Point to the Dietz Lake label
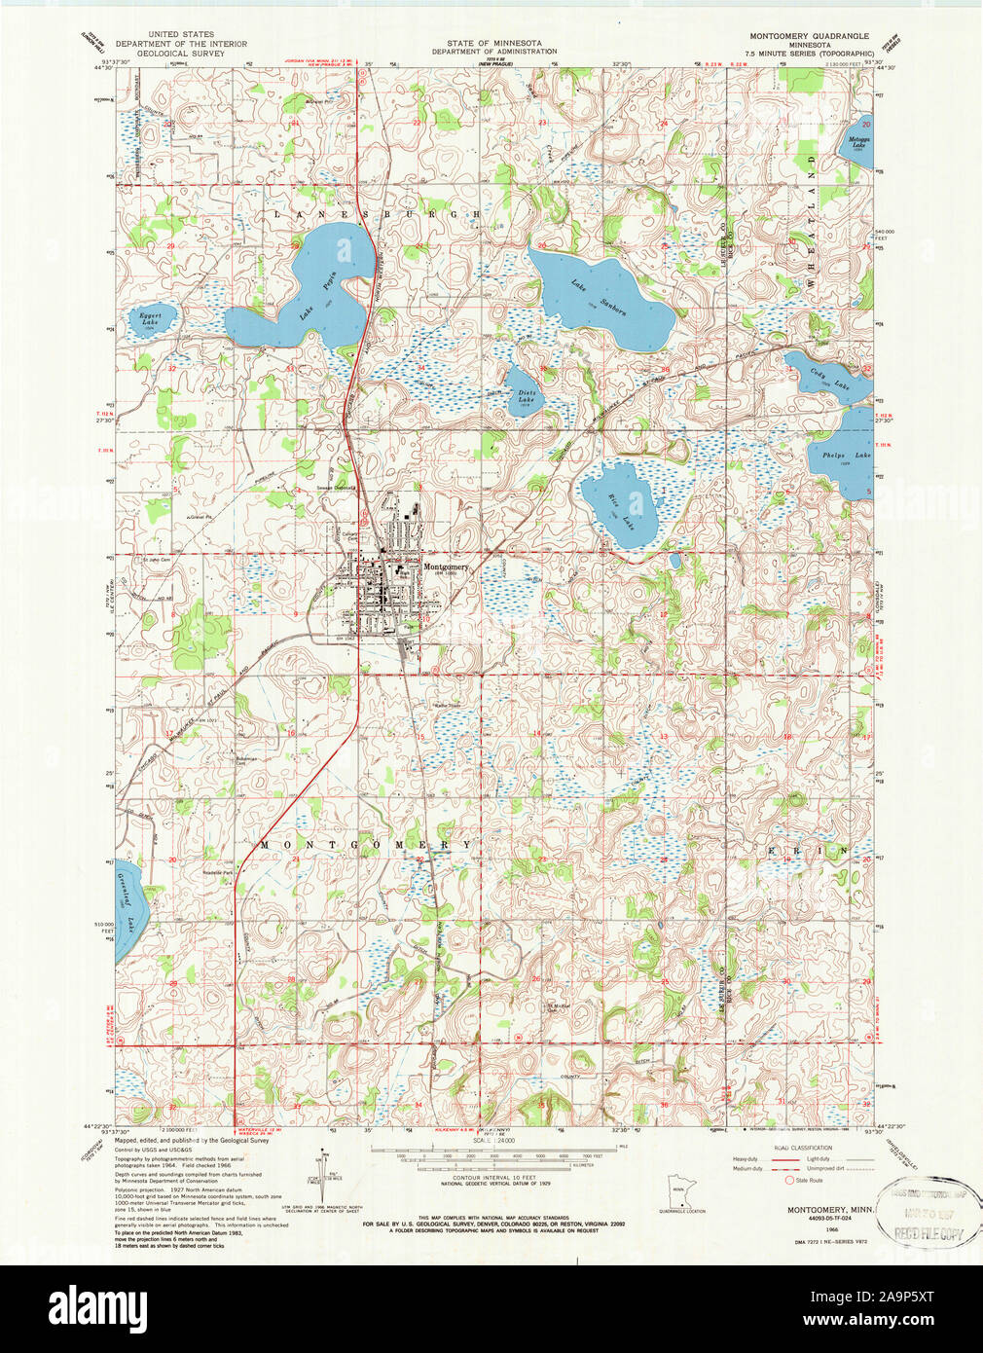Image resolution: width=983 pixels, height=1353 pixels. (x=526, y=395)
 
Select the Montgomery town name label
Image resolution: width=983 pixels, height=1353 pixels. (x=445, y=567)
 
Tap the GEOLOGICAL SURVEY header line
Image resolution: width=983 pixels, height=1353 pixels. (x=180, y=53)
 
